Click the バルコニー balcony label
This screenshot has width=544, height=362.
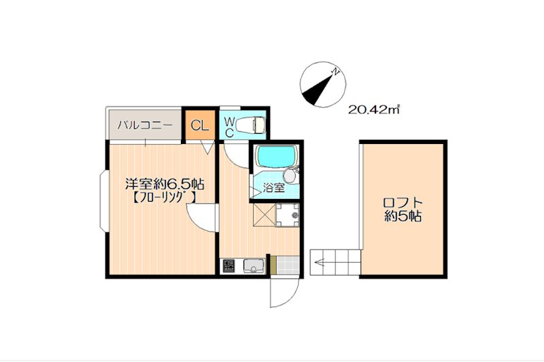145,125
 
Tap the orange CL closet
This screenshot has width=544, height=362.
200,125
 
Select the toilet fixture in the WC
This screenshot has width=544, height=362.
251,124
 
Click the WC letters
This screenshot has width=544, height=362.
229,127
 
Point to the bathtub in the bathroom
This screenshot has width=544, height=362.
277,157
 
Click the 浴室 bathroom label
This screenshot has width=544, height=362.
274,188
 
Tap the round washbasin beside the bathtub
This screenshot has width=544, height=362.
290,176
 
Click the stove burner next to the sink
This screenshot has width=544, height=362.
229,266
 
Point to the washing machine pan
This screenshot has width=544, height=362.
287,215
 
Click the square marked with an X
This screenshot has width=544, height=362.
265,215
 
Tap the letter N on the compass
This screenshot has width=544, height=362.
335,72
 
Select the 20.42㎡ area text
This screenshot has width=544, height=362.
374,110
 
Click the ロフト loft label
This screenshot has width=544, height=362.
403,202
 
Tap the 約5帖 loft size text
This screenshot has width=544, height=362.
403,216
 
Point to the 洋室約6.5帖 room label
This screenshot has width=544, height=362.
165,184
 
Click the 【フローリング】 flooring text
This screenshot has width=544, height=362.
164,198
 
